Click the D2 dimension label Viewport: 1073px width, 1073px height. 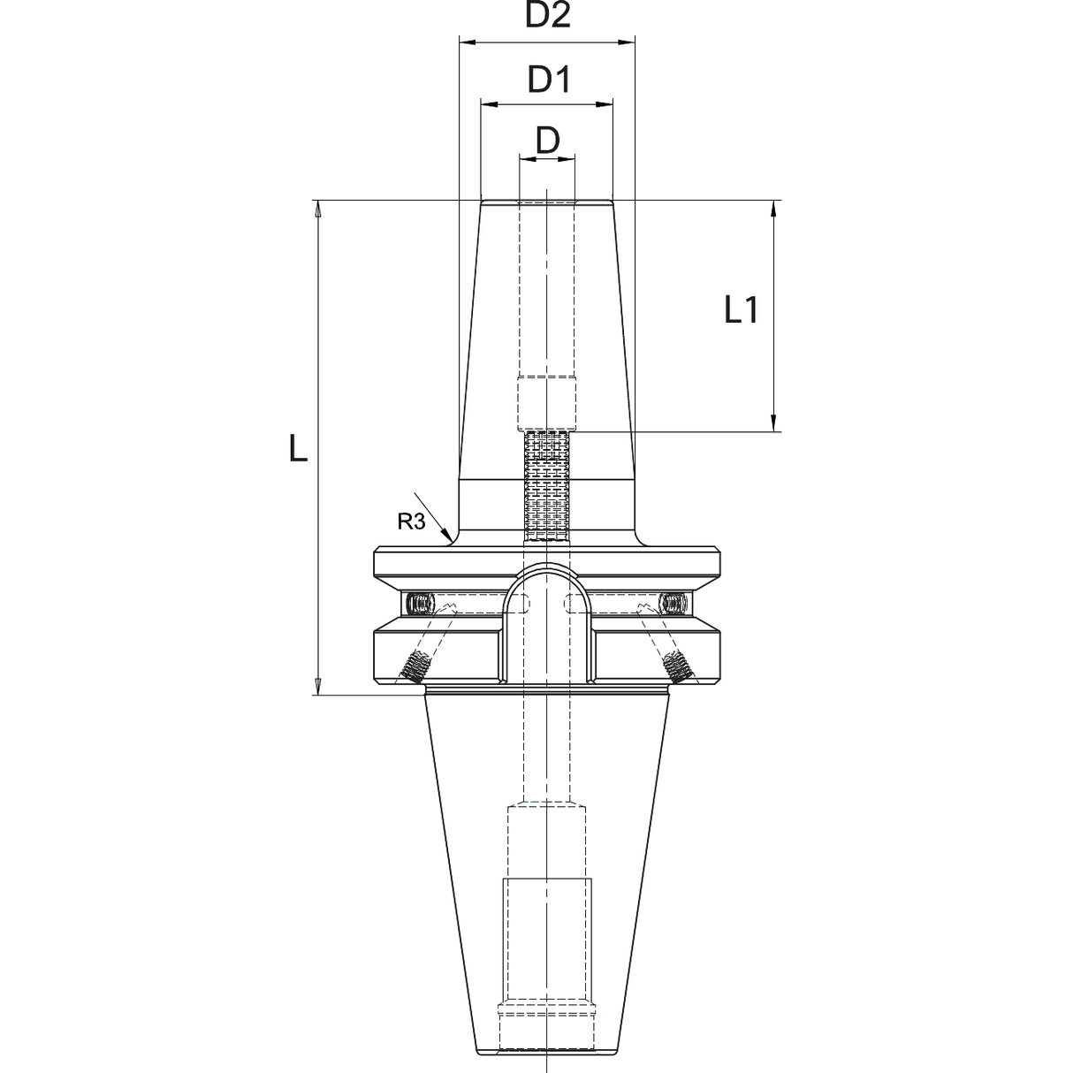click(548, 16)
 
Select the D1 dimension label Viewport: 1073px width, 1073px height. click(549, 80)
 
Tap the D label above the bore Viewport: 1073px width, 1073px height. click(547, 141)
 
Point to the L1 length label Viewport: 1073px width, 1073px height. click(742, 310)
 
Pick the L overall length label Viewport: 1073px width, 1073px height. click(299, 448)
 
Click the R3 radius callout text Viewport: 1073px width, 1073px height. click(411, 521)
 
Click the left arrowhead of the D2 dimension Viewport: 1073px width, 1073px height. click(468, 42)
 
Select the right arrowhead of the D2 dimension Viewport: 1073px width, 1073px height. click(627, 42)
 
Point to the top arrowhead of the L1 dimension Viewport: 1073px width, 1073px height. click(773, 209)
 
